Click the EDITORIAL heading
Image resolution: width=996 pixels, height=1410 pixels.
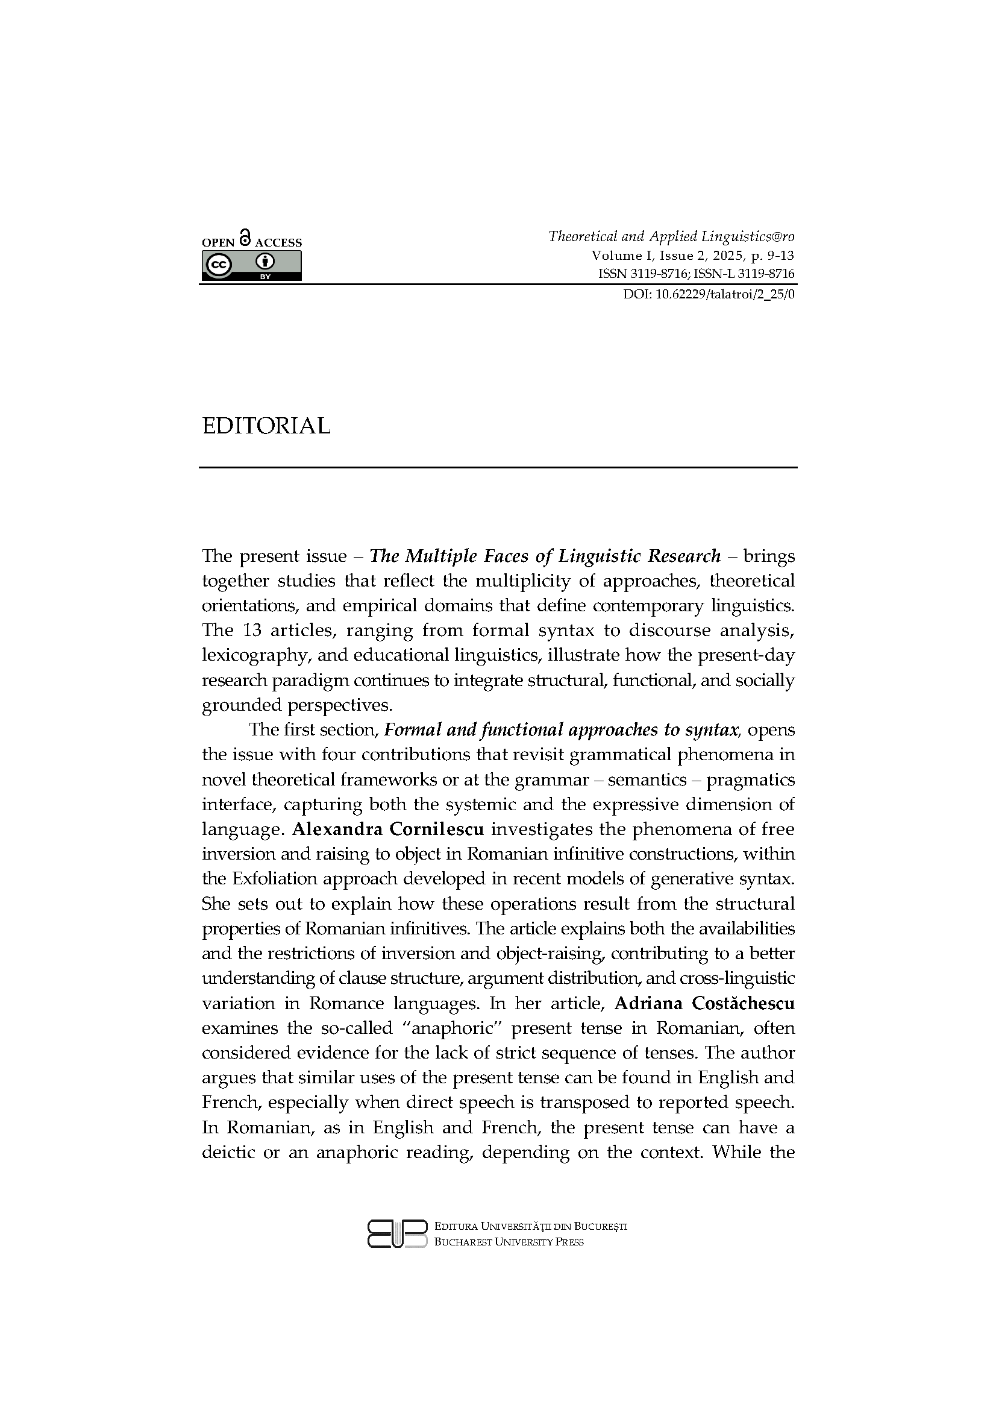pyautogui.click(x=266, y=426)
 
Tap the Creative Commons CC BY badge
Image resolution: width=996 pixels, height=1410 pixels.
pyautogui.click(x=252, y=266)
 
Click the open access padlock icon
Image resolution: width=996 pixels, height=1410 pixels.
pyautogui.click(x=245, y=238)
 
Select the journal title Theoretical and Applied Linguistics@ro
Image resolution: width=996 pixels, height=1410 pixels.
pyautogui.click(x=671, y=236)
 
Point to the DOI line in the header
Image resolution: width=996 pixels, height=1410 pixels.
pyautogui.click(x=709, y=294)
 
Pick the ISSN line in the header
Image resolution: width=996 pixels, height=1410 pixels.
pyautogui.click(x=696, y=274)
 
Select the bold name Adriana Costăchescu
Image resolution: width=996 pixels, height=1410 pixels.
pyautogui.click(x=704, y=1003)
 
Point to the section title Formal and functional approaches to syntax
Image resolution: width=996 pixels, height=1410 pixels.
pyautogui.click(x=560, y=729)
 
